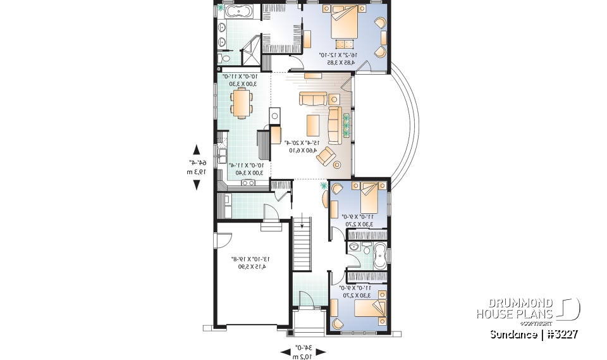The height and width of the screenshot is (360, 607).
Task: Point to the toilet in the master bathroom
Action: coord(221,58)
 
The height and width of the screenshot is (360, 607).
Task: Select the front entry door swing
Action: coord(305,297)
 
